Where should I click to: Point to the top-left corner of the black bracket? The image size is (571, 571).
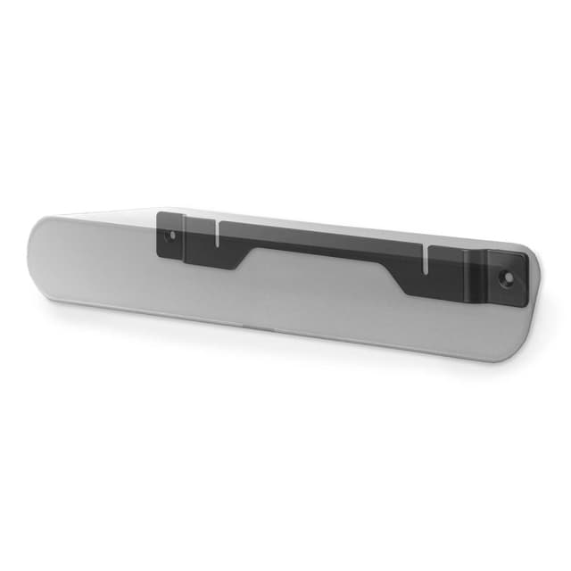[159, 214]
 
